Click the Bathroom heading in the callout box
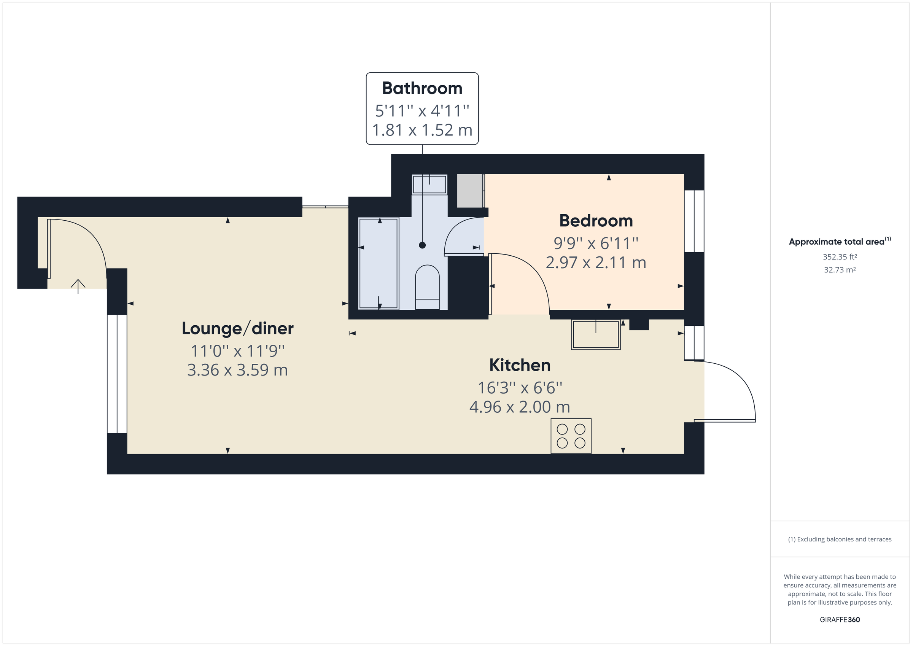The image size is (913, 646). pyautogui.click(x=422, y=88)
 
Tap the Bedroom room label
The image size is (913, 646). pyautogui.click(x=596, y=221)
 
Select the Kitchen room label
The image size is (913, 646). pyautogui.click(x=519, y=365)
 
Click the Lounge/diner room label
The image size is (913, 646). pyautogui.click(x=237, y=329)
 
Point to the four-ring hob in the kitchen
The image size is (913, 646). pyautogui.click(x=571, y=436)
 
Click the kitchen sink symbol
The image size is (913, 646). pyautogui.click(x=595, y=334)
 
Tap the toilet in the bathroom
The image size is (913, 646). pyautogui.click(x=427, y=287)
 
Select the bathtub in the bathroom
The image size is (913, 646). pyautogui.click(x=378, y=263)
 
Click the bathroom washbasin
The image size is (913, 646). pyautogui.click(x=429, y=185)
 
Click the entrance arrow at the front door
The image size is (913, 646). pyautogui.click(x=78, y=286)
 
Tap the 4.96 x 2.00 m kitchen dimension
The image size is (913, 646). pyautogui.click(x=519, y=407)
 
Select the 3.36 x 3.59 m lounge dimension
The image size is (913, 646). pyautogui.click(x=237, y=370)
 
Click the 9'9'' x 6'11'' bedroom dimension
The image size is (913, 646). pyautogui.click(x=596, y=243)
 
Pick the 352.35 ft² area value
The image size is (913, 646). pyautogui.click(x=840, y=257)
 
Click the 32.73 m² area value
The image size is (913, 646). pyautogui.click(x=840, y=270)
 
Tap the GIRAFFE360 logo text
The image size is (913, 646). pyautogui.click(x=840, y=619)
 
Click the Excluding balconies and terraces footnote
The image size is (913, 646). pyautogui.click(x=840, y=539)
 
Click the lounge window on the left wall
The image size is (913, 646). pyautogui.click(x=117, y=374)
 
